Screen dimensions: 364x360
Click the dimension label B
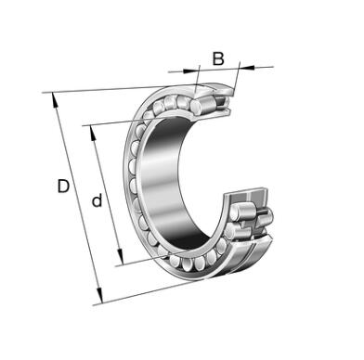[x=218, y=58]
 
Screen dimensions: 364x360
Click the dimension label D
[x=63, y=186]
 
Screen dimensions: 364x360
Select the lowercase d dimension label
[x=97, y=200]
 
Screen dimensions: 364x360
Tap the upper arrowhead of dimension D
[x=55, y=99]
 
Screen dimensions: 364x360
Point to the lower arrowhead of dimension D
[x=99, y=295]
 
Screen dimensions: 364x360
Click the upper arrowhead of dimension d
[x=93, y=133]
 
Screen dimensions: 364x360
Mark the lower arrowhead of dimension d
[x=120, y=257]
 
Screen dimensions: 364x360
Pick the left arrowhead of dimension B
[x=190, y=71]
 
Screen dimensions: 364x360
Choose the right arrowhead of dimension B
[x=247, y=66]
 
